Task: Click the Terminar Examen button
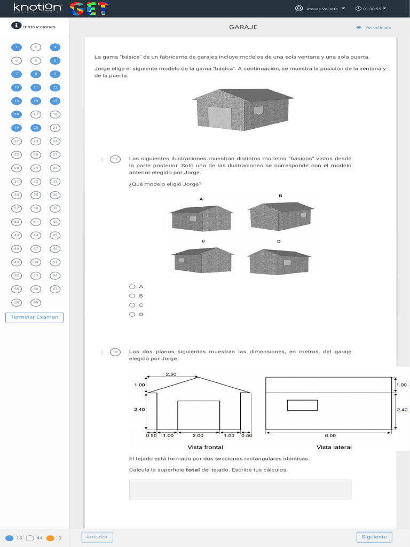(34, 317)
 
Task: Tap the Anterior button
(97, 537)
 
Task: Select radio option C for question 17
(132, 305)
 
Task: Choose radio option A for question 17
(132, 286)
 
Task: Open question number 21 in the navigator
(55, 128)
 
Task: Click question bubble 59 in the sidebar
(36, 302)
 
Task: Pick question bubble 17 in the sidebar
(36, 114)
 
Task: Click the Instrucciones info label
(34, 26)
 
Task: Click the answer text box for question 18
(240, 489)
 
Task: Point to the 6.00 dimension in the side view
(330, 435)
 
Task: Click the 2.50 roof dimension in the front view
(171, 374)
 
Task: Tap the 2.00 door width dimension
(198, 435)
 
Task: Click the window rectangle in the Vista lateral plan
(302, 405)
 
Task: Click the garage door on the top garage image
(219, 118)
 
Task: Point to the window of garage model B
(303, 215)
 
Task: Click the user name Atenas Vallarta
(321, 9)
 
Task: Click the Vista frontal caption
(205, 447)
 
